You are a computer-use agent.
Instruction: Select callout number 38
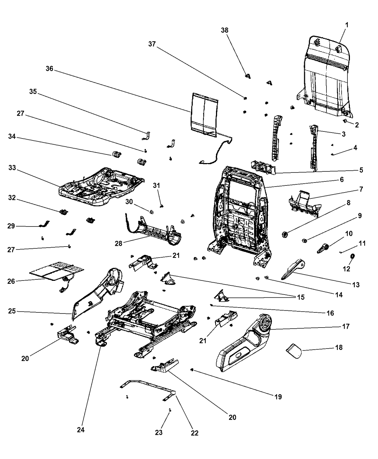(225, 31)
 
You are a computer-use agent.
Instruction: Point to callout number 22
(194, 433)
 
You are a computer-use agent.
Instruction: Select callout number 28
(119, 243)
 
